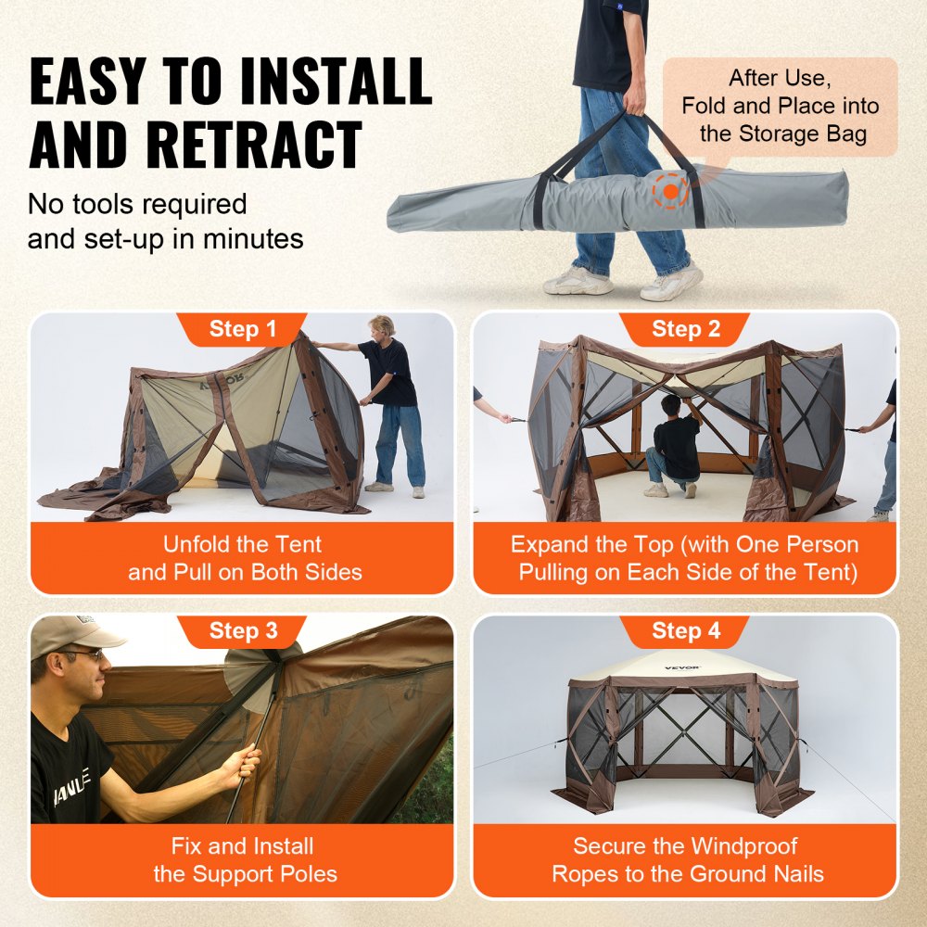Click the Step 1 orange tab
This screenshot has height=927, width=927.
click(243, 329)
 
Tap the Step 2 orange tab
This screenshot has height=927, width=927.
click(685, 329)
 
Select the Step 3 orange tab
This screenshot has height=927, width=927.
click(243, 631)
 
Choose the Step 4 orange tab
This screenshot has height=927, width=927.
click(685, 631)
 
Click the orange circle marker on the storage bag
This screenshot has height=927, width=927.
click(669, 190)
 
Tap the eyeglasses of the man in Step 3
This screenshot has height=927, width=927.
click(82, 656)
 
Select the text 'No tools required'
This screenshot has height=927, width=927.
click(136, 203)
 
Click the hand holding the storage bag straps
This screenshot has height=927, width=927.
click(635, 101)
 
